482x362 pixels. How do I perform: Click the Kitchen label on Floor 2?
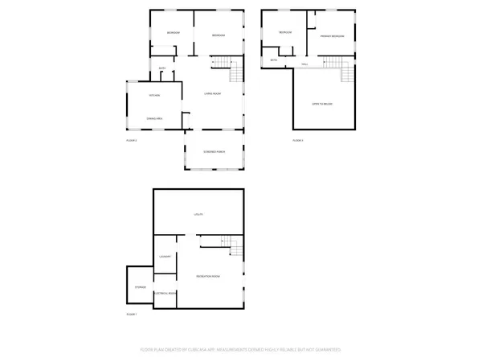click(x=155, y=96)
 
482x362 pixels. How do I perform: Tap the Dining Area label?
click(x=156, y=119)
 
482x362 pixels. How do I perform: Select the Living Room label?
click(x=212, y=94)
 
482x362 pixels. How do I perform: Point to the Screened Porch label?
click(x=214, y=151)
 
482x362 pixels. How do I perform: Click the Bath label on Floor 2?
click(x=162, y=68)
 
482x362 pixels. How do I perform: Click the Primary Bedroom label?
click(x=333, y=36)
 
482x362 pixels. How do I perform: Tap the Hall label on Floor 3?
click(x=304, y=64)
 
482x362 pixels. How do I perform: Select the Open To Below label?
click(x=323, y=104)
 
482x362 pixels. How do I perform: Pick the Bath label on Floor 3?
click(x=273, y=60)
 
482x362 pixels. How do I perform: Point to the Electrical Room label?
click(x=165, y=293)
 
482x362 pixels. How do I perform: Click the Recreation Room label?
click(x=209, y=276)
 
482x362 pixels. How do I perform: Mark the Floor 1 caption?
click(x=132, y=314)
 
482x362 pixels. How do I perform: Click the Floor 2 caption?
click(x=132, y=141)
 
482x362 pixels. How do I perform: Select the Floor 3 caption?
click(x=297, y=141)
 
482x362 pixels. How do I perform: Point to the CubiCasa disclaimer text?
click(x=241, y=350)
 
